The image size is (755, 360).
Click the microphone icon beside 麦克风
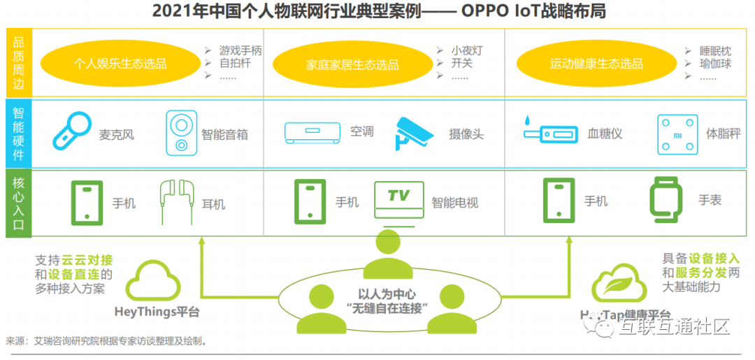click(71, 131)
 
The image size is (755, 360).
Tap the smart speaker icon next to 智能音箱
click(181, 133)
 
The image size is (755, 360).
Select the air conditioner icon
click(312, 133)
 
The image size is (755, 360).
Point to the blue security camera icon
click(415, 133)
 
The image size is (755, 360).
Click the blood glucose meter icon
click(550, 132)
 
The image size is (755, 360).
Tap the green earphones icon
click(176, 202)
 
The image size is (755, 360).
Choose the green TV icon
click(398, 200)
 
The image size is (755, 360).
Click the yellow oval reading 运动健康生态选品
click(596, 64)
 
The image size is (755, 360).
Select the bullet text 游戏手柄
click(240, 50)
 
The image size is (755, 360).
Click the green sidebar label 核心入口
click(18, 203)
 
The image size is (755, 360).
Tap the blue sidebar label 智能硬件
click(18, 134)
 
